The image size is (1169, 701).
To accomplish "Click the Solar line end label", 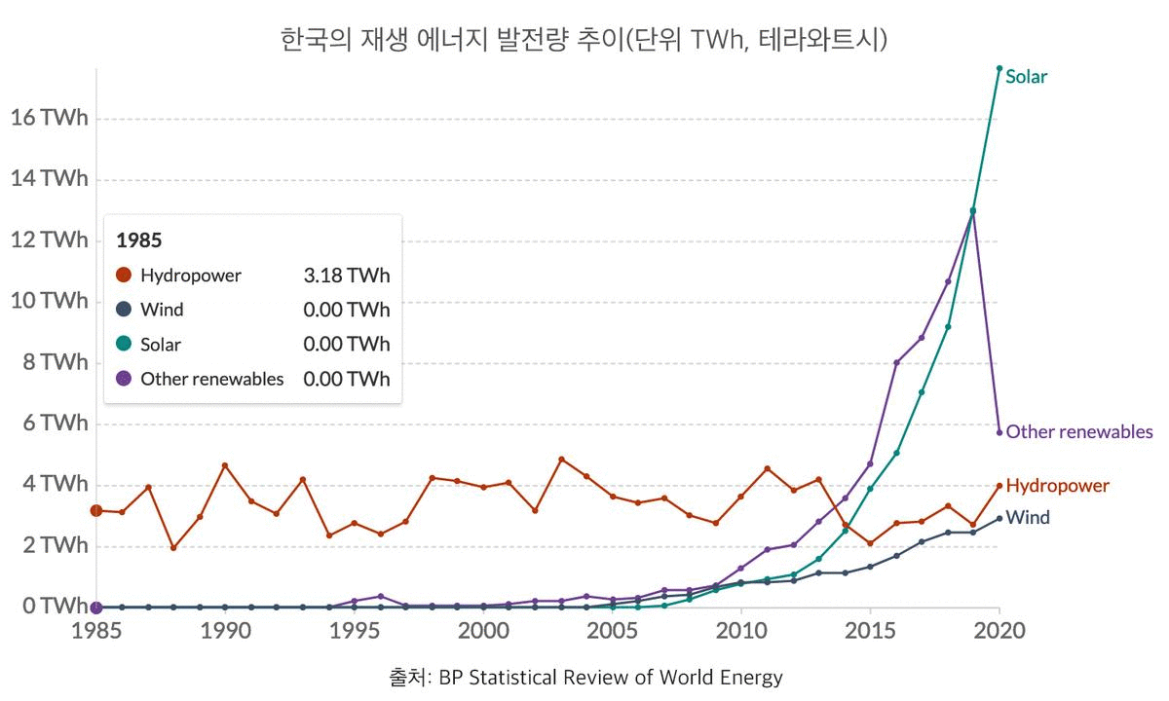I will point(1026,77).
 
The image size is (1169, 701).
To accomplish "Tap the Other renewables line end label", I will point(1078,432).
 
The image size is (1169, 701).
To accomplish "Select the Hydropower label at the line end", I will point(1057,486).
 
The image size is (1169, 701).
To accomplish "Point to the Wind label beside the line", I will point(1028,518).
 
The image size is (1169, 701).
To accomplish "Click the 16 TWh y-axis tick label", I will point(49,118).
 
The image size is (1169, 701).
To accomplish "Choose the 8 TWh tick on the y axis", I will point(55,362).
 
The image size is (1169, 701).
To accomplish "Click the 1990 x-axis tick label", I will point(225,630).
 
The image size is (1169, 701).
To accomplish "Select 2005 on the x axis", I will point(612,630).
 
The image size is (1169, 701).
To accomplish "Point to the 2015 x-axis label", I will point(870,630).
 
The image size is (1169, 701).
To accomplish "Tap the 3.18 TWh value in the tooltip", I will point(347,276).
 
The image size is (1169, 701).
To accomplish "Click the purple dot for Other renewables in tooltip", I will point(124,379).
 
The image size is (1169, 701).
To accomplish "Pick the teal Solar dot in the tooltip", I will point(124,345).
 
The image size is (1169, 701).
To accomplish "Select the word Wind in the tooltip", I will point(162,311).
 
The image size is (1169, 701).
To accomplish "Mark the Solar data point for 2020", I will point(999,68).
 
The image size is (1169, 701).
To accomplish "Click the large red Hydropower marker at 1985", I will point(96,510).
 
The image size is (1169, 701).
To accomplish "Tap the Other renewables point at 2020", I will point(999,432).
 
